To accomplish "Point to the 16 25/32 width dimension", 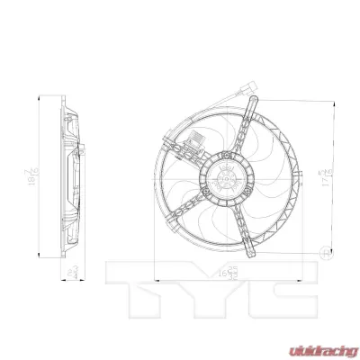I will (x=225, y=269).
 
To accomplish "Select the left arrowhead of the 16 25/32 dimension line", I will (x=157, y=275).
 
